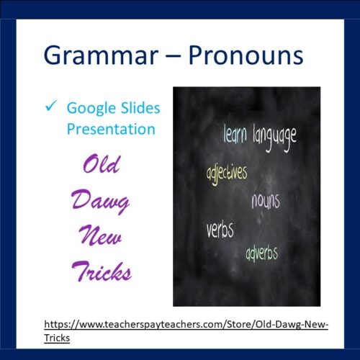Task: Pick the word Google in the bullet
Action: [90, 109]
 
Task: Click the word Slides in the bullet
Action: [139, 109]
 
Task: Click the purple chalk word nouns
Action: [265, 201]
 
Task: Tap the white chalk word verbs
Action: [220, 230]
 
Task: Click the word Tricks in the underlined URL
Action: [57, 338]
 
